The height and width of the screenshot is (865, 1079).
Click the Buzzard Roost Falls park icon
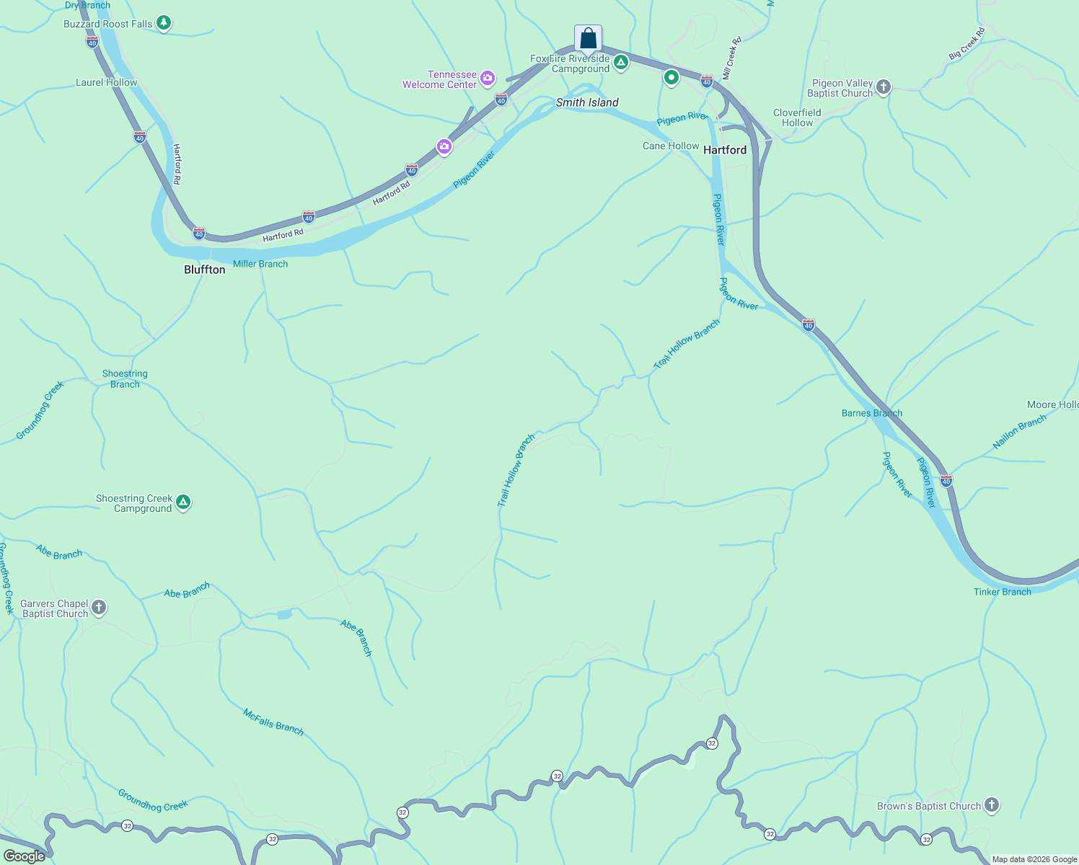164,23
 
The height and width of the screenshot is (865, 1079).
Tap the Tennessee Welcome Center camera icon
488,78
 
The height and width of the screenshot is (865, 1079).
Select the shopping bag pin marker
588,38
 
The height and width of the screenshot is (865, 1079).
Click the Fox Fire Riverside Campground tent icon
621,63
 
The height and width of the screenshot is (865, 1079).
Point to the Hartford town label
725,150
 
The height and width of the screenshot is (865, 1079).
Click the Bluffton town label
205,270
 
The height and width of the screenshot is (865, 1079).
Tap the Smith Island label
587,102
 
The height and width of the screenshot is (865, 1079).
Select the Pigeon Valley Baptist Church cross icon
883,88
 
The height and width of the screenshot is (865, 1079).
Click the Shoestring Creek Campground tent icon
183,502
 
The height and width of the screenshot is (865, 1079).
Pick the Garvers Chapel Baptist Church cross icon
99,608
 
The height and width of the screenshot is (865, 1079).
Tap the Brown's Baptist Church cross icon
992,805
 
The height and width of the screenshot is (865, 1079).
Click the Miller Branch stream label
260,264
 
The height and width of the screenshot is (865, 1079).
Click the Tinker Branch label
1002,592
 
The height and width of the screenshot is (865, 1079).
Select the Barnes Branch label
871,413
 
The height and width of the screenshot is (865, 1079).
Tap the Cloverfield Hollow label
797,117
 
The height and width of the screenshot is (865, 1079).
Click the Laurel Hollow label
107,82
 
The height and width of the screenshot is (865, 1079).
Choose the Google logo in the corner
25,856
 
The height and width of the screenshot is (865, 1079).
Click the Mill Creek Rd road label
732,58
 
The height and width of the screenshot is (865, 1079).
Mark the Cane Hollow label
671,146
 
